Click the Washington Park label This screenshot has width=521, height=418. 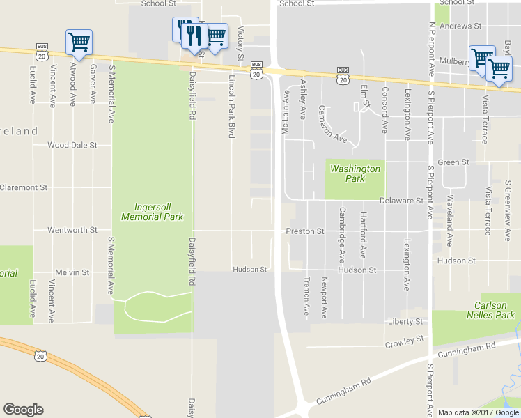click(x=355, y=173)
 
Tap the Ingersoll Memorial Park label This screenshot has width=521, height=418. click(x=152, y=212)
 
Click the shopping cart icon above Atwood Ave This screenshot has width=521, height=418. click(x=78, y=42)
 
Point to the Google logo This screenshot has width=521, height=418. click(x=23, y=410)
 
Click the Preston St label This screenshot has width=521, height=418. click(x=305, y=231)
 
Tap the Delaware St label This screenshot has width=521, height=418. click(x=402, y=201)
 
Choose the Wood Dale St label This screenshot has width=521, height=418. click(x=72, y=146)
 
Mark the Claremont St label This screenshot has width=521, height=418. click(x=24, y=187)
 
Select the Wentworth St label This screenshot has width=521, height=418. click(x=72, y=230)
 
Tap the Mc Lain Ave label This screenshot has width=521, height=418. click(x=285, y=112)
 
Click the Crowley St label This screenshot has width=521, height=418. click(x=405, y=339)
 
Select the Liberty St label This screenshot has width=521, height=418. click(x=405, y=322)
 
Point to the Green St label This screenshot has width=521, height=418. click(x=453, y=162)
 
